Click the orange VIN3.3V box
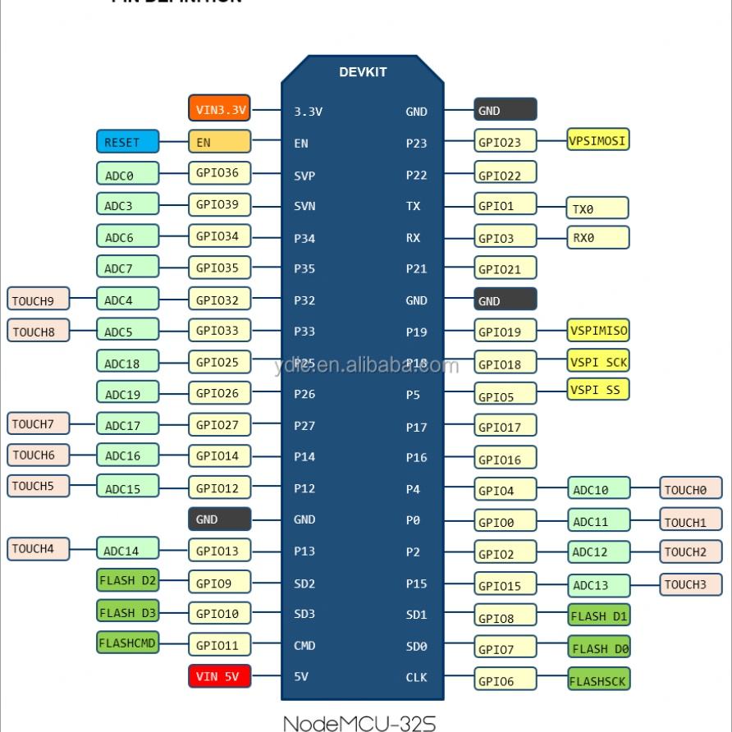point(219,109)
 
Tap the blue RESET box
point(127,142)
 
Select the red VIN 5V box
point(219,677)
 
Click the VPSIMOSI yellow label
point(598,140)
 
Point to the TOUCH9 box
point(39,300)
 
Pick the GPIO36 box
point(219,173)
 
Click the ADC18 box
point(127,363)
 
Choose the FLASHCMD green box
point(127,643)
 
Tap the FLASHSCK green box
point(599,679)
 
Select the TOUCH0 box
point(691,489)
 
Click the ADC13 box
point(599,585)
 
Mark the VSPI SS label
point(598,390)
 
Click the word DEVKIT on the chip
point(363,71)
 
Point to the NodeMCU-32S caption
point(359,722)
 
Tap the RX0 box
point(598,238)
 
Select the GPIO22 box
point(506,175)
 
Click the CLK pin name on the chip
point(417,678)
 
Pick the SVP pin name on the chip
point(304,175)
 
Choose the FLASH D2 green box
point(127,580)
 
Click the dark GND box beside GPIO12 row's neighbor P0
point(219,519)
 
